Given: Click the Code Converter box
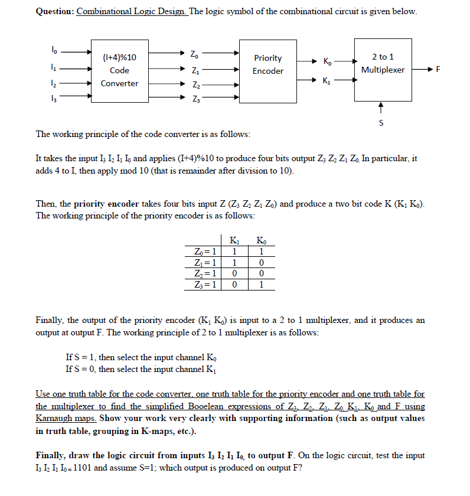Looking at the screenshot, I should click(x=120, y=70).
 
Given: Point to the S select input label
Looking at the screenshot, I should click(x=381, y=123).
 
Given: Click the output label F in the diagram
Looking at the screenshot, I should click(x=438, y=70).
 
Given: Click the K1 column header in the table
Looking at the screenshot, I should click(x=234, y=240).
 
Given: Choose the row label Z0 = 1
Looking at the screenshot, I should click(x=204, y=251).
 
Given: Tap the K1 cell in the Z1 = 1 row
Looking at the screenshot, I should click(x=234, y=262).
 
